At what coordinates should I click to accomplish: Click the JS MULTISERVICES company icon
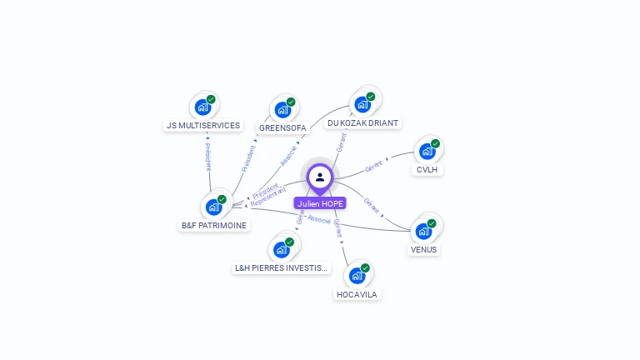tap(202, 107)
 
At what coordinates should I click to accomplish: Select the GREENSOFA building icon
tap(282, 109)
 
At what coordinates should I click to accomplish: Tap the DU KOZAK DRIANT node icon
tap(362, 104)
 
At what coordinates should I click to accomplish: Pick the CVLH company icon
tap(427, 151)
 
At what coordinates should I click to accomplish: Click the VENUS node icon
tap(423, 231)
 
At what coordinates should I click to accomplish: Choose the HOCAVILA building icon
tap(357, 275)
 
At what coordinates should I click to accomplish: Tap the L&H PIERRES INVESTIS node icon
tap(282, 249)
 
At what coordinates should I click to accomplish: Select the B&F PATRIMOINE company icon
tap(213, 207)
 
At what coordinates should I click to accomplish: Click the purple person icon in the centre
tap(319, 177)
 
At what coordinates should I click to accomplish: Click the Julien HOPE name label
tap(319, 203)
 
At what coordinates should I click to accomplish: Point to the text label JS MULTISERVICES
tap(203, 126)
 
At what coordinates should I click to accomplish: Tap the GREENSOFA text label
tap(282, 128)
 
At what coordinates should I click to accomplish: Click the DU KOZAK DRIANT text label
tap(362, 123)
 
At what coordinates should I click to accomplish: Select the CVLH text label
tap(427, 170)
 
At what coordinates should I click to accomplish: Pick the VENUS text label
tap(423, 250)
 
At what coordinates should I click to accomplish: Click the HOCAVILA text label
tap(357, 294)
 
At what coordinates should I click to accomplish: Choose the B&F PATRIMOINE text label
tap(214, 226)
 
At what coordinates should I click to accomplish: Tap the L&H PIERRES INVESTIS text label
tap(282, 268)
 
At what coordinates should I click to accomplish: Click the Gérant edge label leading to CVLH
tap(373, 166)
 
